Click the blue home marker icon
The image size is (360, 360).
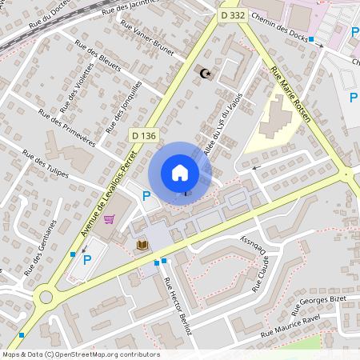point(180,172)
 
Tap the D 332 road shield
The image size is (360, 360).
point(233,15)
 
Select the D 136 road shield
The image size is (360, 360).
point(143,136)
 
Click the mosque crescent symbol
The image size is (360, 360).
point(206,74)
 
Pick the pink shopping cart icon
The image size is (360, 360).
point(109,218)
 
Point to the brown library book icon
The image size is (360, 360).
point(143,245)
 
